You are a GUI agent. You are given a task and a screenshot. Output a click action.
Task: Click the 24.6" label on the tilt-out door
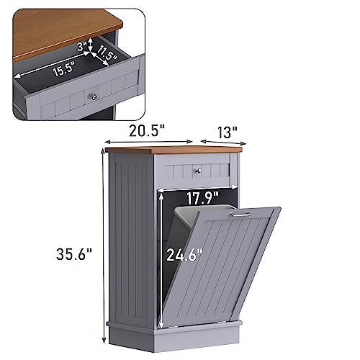[184, 254]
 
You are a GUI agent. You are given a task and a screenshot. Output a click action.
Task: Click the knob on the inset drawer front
[91, 96]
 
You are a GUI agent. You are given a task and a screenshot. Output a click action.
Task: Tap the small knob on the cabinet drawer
[197, 171]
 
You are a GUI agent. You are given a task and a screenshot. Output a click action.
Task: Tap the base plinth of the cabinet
[173, 333]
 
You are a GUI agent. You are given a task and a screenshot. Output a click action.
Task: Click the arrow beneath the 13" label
[220, 143]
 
